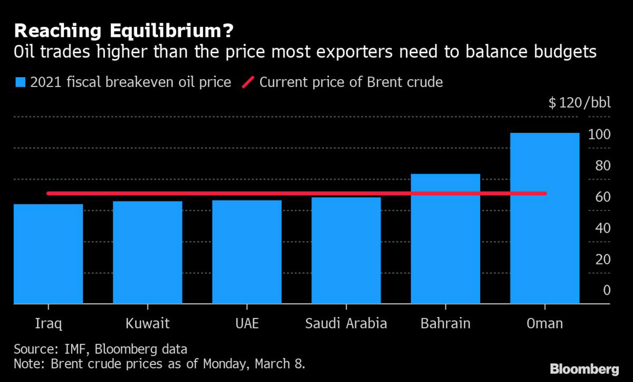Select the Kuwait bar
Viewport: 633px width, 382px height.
[148, 253]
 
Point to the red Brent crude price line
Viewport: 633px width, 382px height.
[295, 194]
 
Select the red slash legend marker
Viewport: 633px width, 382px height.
[248, 82]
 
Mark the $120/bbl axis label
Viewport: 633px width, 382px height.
[579, 102]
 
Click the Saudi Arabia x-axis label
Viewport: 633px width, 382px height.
[346, 323]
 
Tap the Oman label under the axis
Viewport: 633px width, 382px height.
[545, 323]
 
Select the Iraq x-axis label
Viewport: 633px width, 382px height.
[49, 323]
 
